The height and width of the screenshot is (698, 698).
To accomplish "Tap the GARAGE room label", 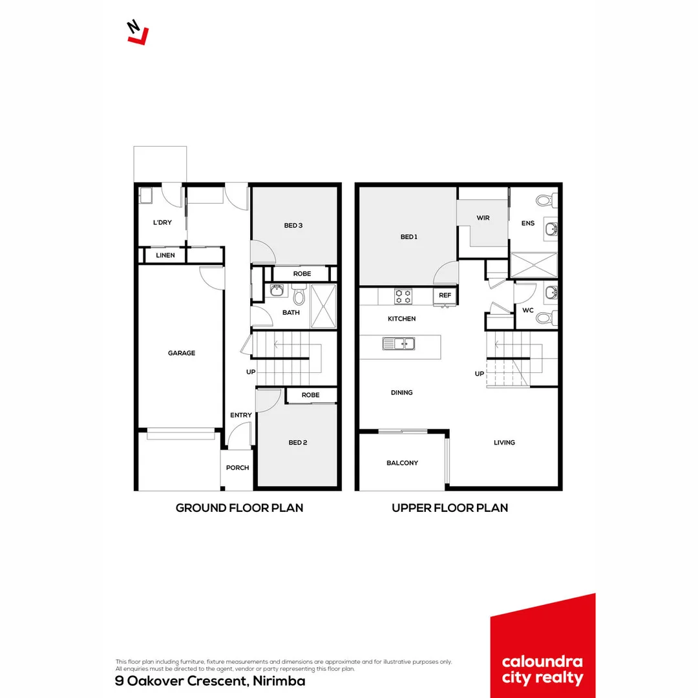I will (182, 354).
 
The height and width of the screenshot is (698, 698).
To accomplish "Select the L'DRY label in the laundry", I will (162, 223).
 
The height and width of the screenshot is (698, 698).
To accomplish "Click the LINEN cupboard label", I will (165, 256).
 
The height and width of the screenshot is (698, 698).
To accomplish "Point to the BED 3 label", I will (293, 226).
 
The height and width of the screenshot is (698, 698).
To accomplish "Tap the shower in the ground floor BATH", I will (324, 306).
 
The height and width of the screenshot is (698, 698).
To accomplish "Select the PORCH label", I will (237, 468).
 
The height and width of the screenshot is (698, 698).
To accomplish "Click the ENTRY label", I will (241, 416).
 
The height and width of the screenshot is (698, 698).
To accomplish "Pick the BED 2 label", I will (297, 443).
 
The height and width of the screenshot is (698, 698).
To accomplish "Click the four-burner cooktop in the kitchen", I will (404, 297).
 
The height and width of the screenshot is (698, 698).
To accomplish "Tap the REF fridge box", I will (445, 295).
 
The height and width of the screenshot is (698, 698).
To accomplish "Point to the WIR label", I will (483, 218).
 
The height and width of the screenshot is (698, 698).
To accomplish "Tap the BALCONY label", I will (402, 463).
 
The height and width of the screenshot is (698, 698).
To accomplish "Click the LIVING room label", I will (504, 443).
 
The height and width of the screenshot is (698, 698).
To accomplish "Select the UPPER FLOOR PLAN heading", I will (449, 508).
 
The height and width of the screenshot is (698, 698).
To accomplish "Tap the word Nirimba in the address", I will (279, 681).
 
